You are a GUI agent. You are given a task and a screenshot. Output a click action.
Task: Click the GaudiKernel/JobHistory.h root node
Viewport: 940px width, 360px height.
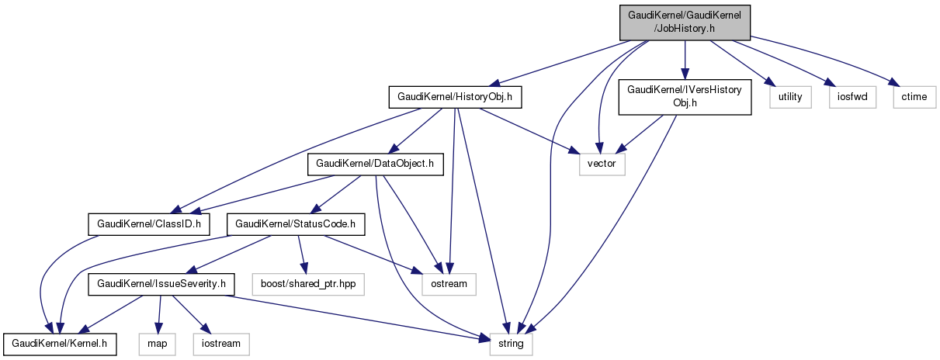[x=685, y=21]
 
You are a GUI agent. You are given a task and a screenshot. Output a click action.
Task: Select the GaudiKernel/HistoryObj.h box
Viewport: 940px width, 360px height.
[x=455, y=97]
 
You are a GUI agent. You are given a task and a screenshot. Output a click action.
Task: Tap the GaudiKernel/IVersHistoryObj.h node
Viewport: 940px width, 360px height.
[x=684, y=97]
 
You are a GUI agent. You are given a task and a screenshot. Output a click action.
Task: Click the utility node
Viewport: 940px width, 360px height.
[x=790, y=97]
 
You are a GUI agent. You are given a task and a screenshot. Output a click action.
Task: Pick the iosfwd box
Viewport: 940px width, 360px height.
[x=852, y=97]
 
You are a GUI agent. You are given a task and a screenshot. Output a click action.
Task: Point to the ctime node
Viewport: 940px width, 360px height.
[x=914, y=97]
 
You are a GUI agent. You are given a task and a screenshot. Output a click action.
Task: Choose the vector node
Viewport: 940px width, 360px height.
[x=602, y=164]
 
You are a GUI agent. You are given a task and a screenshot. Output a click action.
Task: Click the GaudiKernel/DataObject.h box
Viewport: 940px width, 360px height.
[x=376, y=164]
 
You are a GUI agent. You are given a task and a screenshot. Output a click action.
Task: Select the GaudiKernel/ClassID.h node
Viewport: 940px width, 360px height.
[x=149, y=225]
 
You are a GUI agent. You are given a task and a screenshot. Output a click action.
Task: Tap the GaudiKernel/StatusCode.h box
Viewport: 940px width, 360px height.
[x=295, y=225]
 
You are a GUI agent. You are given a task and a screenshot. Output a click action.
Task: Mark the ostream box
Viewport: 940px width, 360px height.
[x=449, y=284]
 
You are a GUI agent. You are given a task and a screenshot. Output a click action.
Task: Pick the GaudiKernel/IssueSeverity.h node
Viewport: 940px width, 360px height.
[x=161, y=284]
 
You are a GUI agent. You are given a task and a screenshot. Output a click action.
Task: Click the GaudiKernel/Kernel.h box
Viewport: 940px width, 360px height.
[x=60, y=343]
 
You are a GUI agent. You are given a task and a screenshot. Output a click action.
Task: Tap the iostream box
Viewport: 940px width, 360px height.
[x=220, y=343]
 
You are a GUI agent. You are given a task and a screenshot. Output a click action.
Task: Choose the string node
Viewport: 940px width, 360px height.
[x=511, y=343]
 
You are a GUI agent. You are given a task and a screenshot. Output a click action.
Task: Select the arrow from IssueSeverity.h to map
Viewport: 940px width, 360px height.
[x=158, y=313]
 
